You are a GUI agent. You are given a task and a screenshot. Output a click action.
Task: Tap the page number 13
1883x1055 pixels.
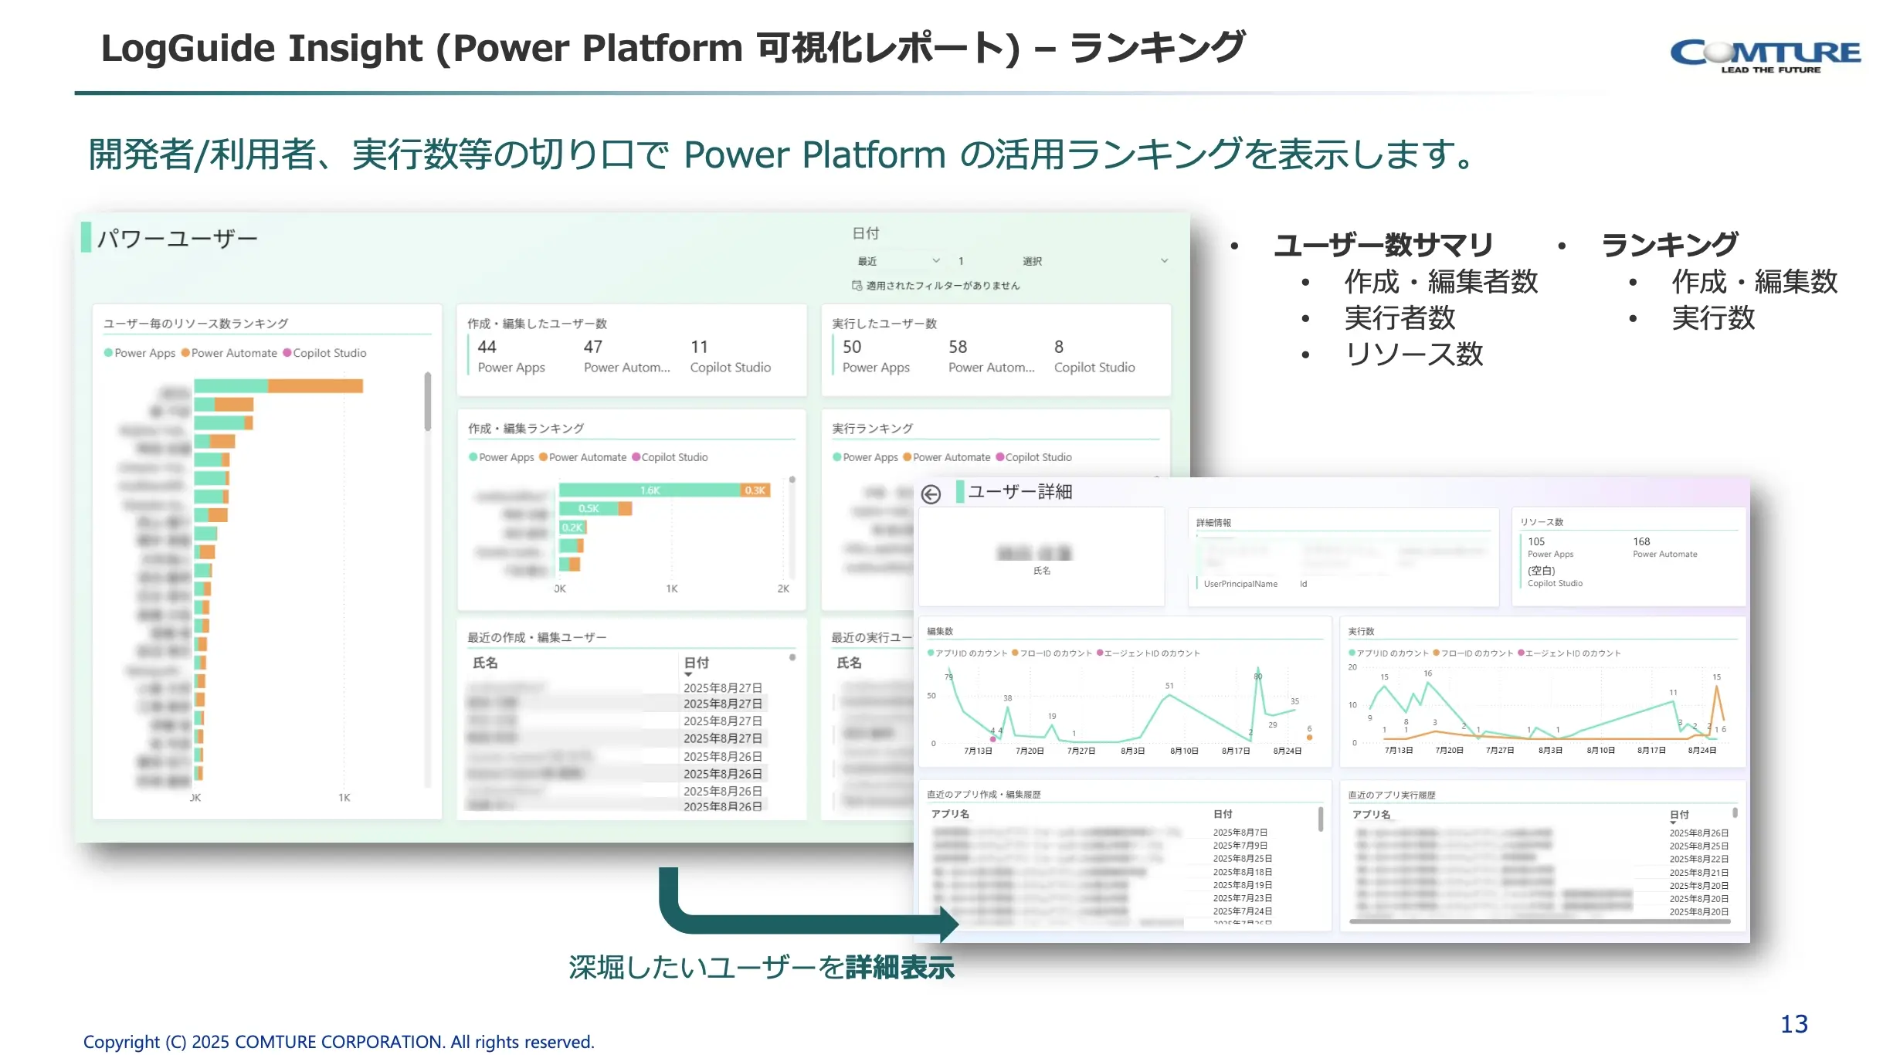pyautogui.click(x=1793, y=1024)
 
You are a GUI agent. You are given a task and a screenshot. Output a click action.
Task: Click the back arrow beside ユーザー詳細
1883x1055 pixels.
pyautogui.click(x=931, y=494)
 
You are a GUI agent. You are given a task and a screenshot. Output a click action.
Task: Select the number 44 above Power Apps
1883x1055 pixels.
pyautogui.click(x=487, y=347)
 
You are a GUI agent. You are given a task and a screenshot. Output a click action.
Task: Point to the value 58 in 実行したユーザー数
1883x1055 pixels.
pyautogui.click(x=958, y=347)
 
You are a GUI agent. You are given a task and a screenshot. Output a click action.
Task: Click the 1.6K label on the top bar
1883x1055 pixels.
pyautogui.click(x=650, y=490)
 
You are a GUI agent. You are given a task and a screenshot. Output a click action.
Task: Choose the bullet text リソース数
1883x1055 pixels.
pyautogui.click(x=1413, y=354)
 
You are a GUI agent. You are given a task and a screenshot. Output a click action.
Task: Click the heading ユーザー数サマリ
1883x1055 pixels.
pyautogui.click(x=1383, y=245)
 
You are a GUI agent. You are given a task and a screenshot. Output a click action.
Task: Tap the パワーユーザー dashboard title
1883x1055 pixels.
pyautogui.click(x=177, y=239)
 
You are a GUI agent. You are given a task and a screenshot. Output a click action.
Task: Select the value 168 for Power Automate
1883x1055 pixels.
pyautogui.click(x=1641, y=541)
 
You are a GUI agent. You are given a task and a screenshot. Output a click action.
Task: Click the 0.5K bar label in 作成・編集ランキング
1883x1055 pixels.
pyautogui.click(x=589, y=508)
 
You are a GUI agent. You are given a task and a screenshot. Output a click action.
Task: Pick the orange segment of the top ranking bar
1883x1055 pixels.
pyautogui.click(x=315, y=385)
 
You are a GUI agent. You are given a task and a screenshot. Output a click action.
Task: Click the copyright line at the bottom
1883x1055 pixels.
pyautogui.click(x=338, y=1042)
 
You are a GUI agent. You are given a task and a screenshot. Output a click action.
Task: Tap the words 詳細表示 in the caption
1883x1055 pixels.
pyautogui.click(x=900, y=968)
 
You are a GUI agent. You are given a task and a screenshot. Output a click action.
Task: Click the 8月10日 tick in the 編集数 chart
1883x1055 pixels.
pyautogui.click(x=1183, y=751)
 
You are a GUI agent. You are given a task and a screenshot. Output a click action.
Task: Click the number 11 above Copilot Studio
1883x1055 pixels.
pyautogui.click(x=699, y=347)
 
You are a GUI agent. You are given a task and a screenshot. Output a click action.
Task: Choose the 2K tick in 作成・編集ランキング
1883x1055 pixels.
pyautogui.click(x=783, y=589)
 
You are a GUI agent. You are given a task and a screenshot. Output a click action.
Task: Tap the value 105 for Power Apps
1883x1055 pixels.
pyautogui.click(x=1535, y=541)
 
